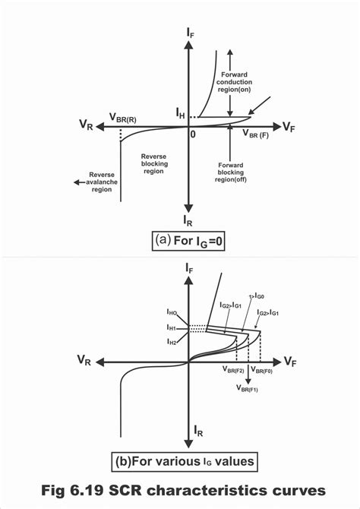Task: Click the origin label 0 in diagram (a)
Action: pos(193,134)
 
